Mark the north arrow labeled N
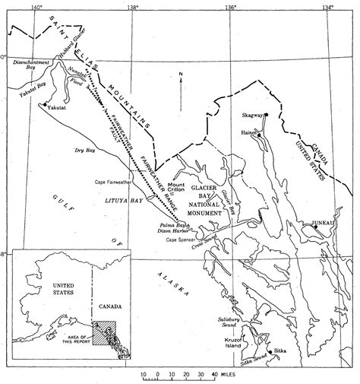coord(181,75)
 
